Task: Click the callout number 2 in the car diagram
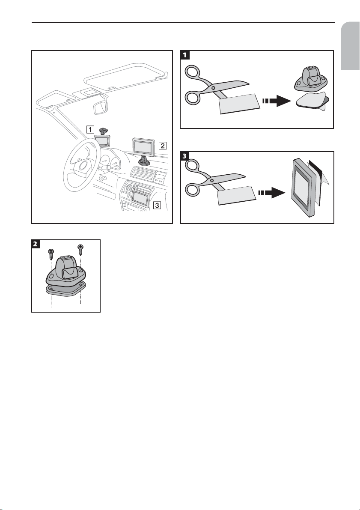coord(162,145)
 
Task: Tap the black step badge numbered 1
coord(184,54)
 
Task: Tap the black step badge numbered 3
coord(185,155)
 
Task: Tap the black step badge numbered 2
coord(36,244)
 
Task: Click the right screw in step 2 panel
coord(80,252)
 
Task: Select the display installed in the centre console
coord(140,198)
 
